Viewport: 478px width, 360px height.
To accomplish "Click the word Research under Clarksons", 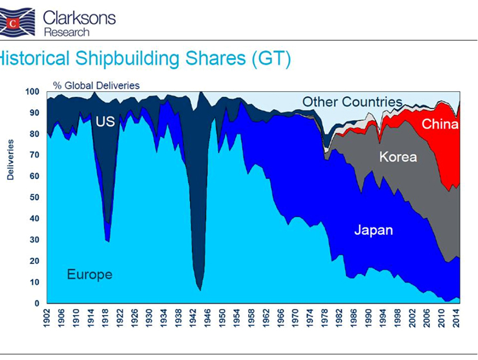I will click(67, 32).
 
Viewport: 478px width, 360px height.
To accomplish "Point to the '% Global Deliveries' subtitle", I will click(96, 85).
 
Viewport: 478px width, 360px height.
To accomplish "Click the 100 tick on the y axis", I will click(32, 92).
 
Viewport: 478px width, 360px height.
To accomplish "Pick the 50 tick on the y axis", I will click(35, 197).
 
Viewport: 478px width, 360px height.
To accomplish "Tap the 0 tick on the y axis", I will click(37, 303).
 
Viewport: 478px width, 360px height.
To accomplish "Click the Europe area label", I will click(90, 275).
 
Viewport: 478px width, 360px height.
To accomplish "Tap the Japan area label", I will click(373, 230).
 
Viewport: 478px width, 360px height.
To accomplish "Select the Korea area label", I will click(398, 156).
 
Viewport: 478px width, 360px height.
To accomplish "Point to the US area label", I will click(105, 121).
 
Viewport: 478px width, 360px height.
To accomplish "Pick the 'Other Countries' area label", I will click(352, 101).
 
